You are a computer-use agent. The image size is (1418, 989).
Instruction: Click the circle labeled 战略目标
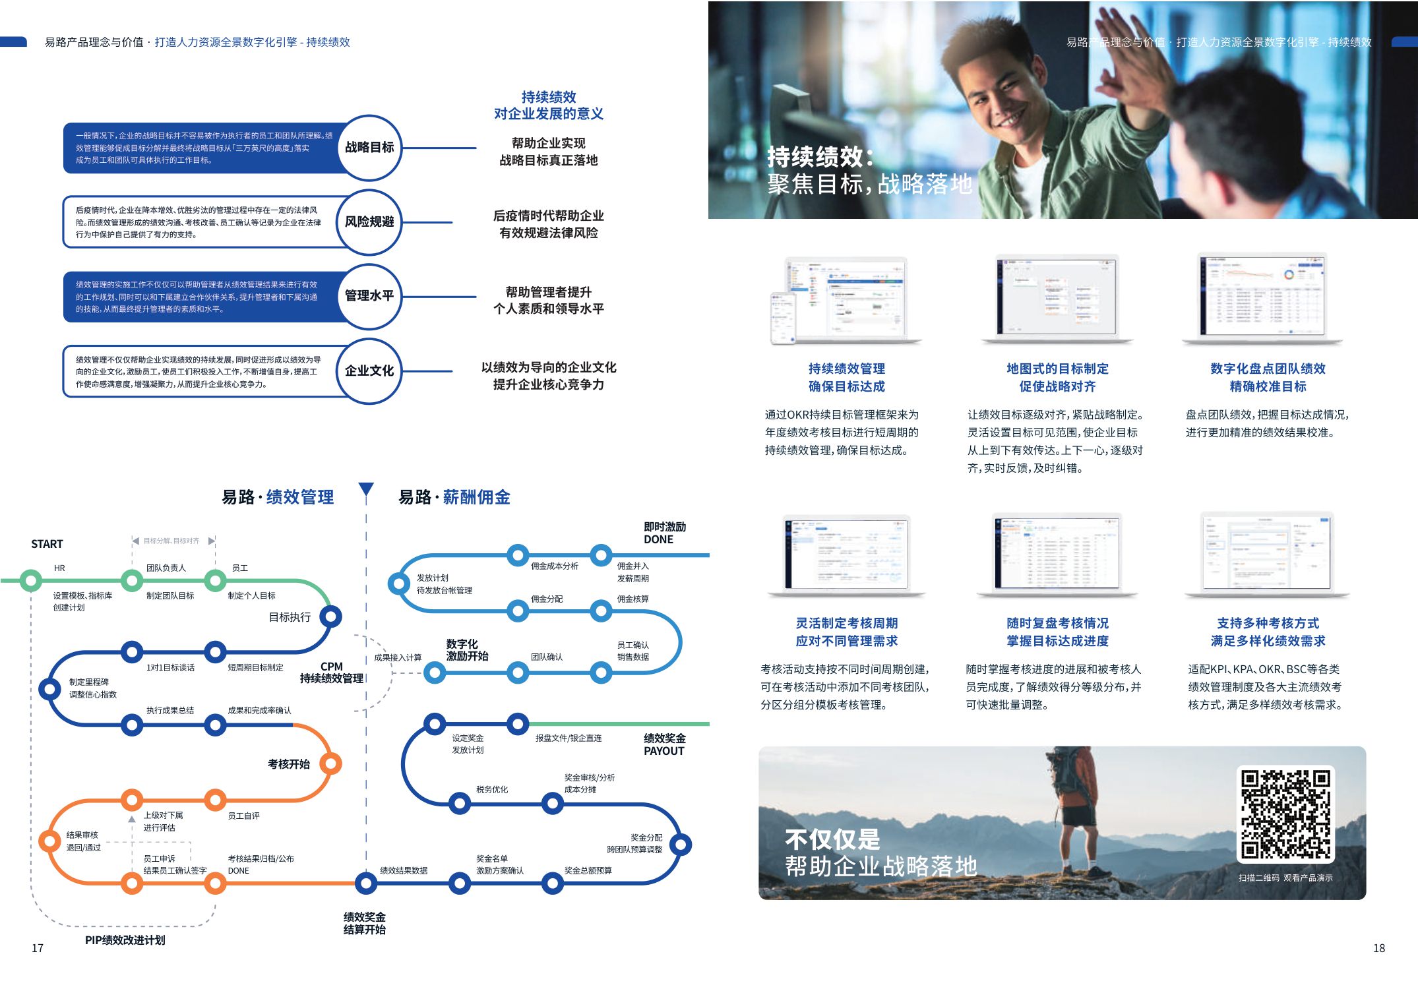point(369,148)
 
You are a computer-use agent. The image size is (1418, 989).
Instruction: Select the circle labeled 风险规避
point(369,222)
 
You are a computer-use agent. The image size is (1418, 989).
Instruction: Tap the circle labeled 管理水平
point(369,296)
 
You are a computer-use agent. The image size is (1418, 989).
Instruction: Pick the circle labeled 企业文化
point(369,371)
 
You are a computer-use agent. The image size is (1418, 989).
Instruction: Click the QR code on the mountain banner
point(1285,814)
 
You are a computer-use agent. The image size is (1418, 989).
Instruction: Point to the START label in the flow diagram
point(47,544)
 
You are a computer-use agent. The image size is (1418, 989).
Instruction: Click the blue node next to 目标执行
point(330,616)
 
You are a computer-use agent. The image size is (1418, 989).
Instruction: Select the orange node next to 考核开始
point(330,764)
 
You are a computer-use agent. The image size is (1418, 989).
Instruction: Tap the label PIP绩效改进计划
point(125,940)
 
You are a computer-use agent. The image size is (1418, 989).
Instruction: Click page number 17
point(38,948)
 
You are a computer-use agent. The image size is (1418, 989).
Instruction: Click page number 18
point(1378,948)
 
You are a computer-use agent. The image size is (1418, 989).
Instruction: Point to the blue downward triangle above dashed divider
point(366,489)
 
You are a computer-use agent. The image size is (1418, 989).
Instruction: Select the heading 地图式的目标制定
point(1057,369)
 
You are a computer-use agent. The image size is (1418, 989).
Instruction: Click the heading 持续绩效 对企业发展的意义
point(549,105)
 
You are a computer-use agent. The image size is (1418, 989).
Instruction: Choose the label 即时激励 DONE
point(664,533)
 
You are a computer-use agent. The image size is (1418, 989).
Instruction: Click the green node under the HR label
point(30,581)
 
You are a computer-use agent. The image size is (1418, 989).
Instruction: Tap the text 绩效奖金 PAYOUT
point(664,744)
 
